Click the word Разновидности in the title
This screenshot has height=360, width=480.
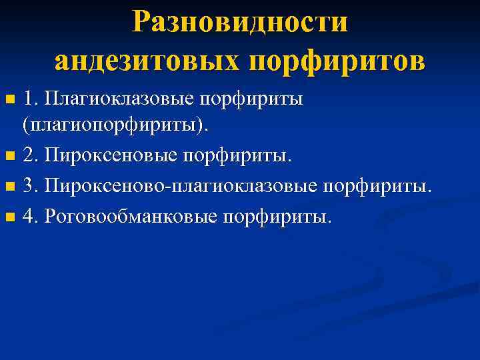coord(240,22)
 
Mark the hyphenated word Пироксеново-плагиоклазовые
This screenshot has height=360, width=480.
coord(179,187)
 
